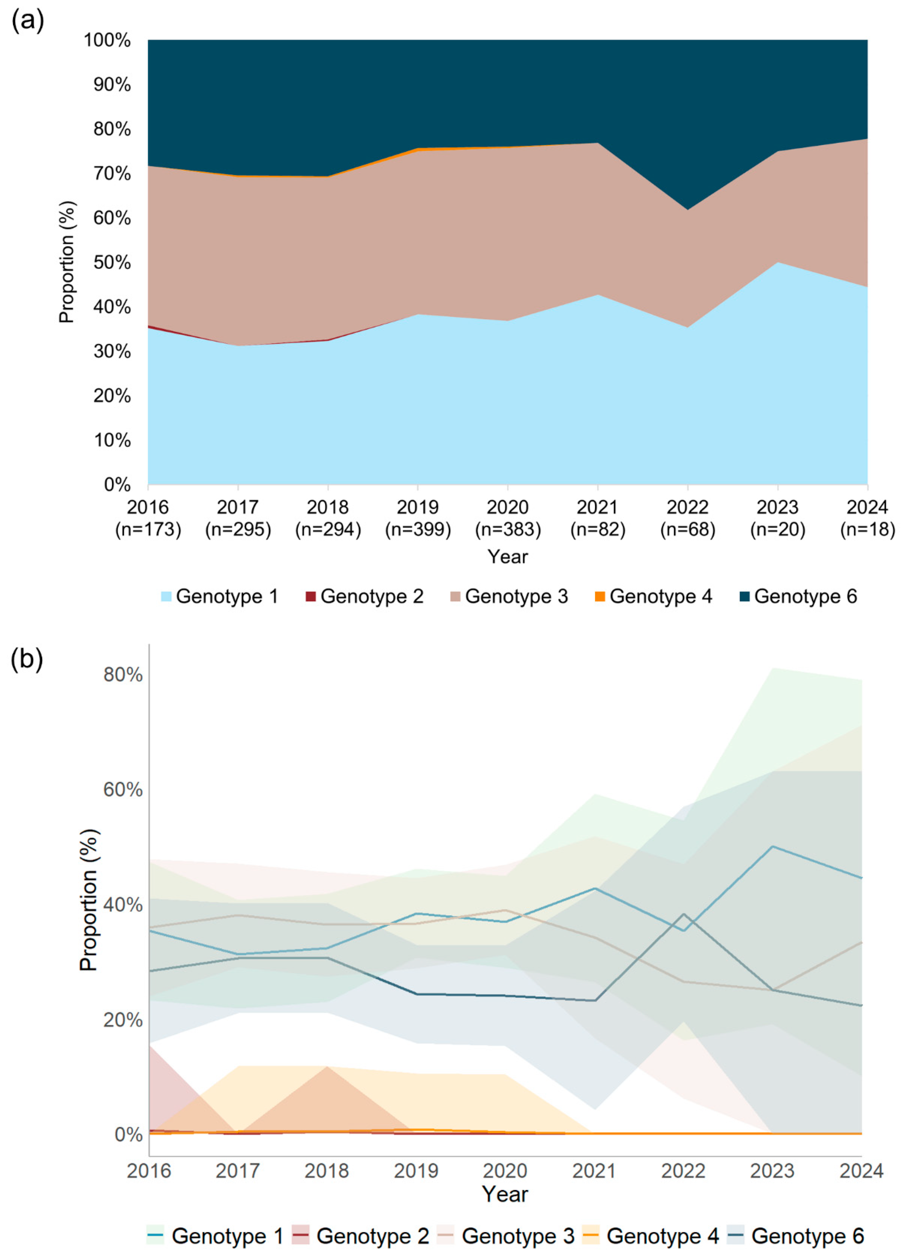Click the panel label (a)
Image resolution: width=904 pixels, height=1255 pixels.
(x=27, y=21)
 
